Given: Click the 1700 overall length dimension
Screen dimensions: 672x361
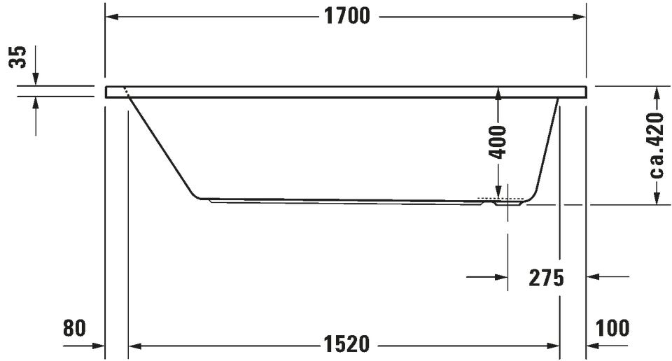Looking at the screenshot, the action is click(346, 17).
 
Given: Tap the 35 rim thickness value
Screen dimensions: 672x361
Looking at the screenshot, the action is click(18, 57).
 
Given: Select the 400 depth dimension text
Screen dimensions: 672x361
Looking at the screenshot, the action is click(498, 142).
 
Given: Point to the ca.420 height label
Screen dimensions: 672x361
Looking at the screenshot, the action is click(656, 146).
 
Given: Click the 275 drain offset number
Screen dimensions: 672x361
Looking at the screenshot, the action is click(547, 278).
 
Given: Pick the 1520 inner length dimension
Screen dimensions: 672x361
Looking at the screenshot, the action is click(346, 344).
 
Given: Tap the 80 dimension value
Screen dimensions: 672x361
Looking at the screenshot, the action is click(75, 328).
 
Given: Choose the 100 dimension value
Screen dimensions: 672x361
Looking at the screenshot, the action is click(612, 328).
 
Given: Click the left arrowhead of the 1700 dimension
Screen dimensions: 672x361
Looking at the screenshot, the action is click(112, 17).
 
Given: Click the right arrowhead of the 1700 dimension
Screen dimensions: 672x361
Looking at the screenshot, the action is click(579, 17).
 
